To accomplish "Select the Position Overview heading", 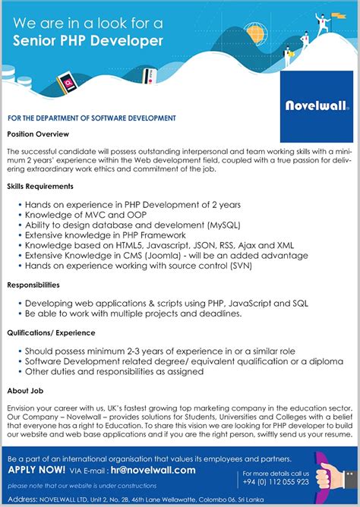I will [x=38, y=134].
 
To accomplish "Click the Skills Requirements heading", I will [x=40, y=186].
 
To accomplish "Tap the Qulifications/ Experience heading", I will [x=51, y=332].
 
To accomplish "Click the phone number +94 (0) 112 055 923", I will [x=276, y=481].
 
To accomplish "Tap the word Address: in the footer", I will [x=23, y=499].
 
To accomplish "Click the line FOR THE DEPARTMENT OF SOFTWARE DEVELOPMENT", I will [x=92, y=118].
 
